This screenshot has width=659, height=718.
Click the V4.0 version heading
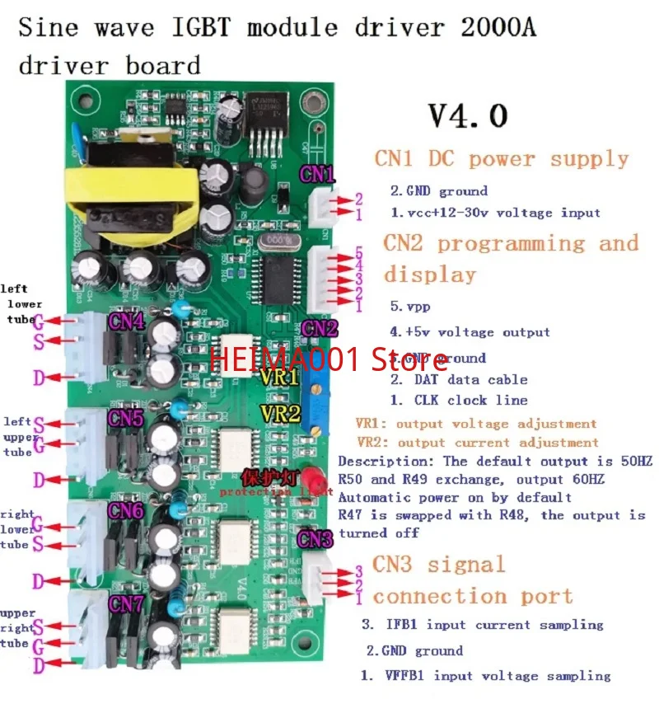click(x=468, y=115)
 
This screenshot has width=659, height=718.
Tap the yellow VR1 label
click(x=281, y=378)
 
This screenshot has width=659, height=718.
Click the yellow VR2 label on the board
click(x=281, y=413)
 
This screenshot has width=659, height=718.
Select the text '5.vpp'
click(x=409, y=306)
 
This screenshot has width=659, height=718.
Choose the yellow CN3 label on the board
click(x=315, y=539)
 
